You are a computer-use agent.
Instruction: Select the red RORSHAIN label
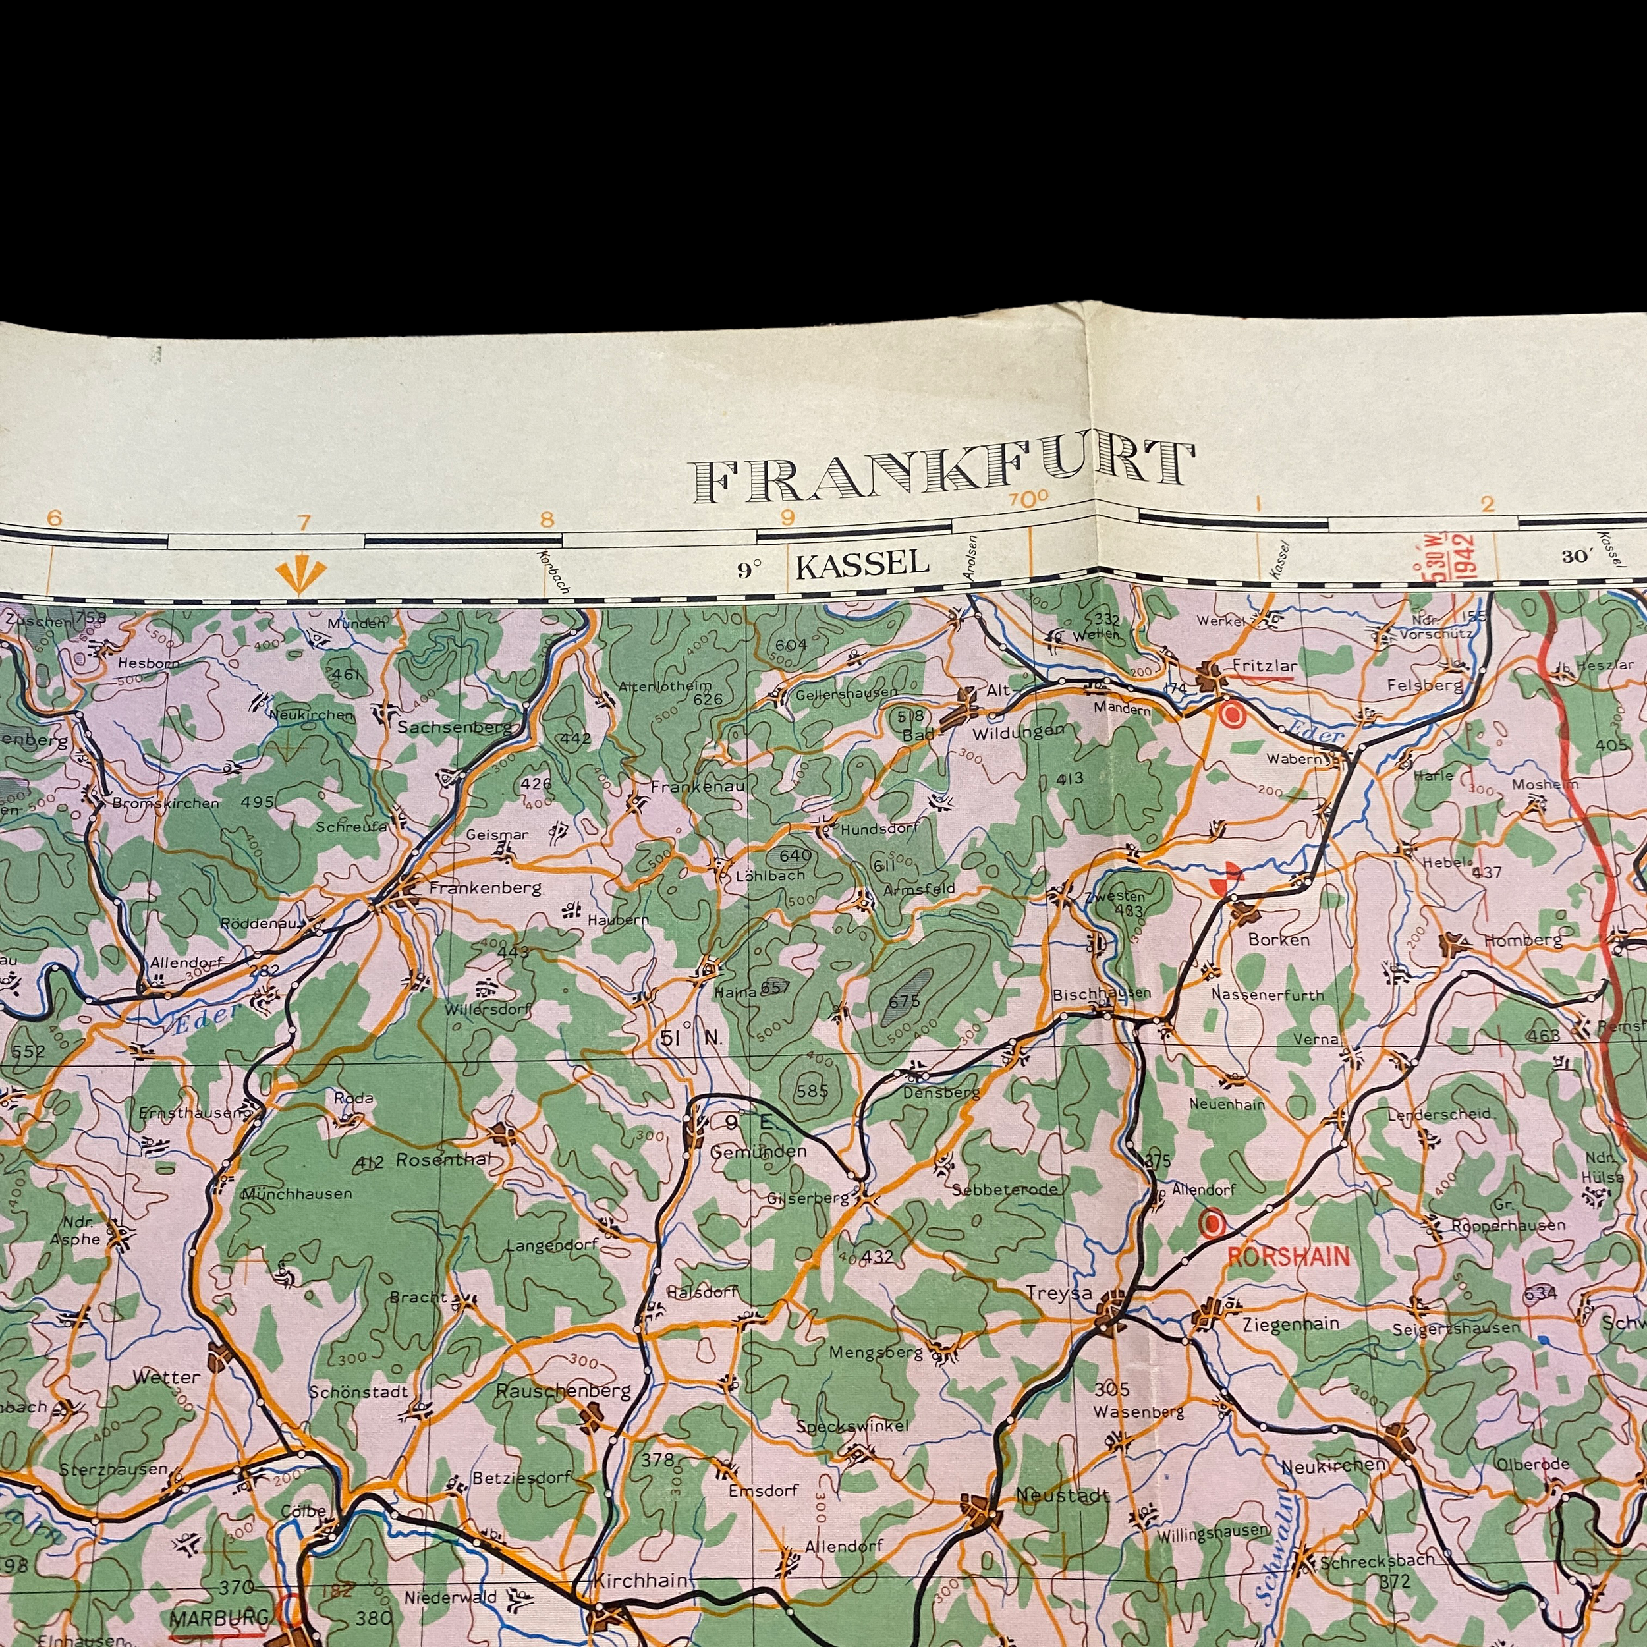point(1288,1256)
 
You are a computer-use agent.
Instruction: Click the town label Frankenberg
point(484,888)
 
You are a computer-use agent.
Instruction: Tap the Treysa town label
point(1059,1293)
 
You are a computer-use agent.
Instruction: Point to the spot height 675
point(904,1001)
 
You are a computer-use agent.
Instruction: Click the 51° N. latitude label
point(690,1038)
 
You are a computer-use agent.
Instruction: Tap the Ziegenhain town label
point(1291,1324)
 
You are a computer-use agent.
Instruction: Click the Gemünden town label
point(758,1152)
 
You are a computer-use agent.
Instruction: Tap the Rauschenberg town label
point(563,1391)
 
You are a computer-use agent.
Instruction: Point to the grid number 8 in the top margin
point(546,519)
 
